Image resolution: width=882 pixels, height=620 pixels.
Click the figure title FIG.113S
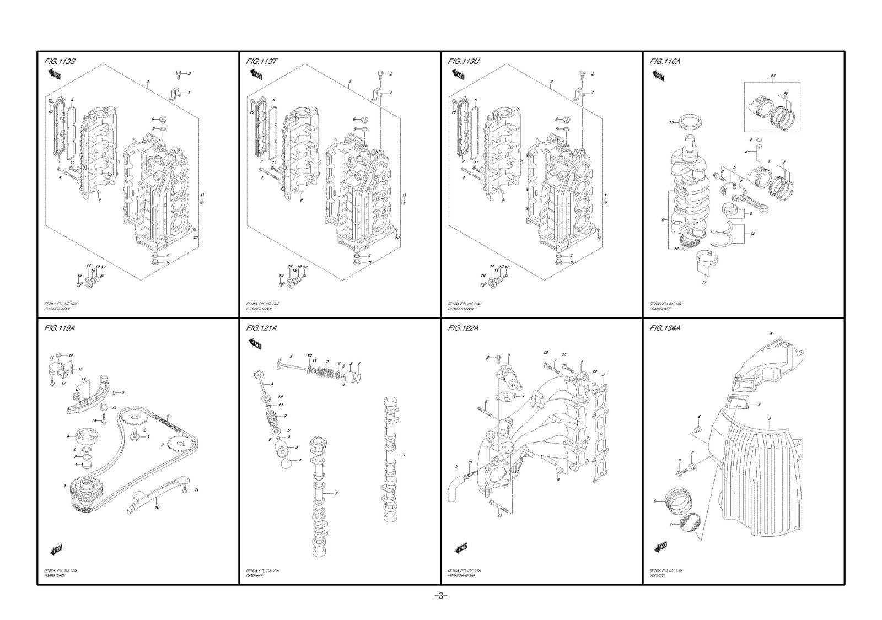[59, 61]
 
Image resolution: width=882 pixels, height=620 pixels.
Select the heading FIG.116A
[665, 61]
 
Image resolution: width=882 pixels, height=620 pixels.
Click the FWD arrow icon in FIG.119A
[57, 548]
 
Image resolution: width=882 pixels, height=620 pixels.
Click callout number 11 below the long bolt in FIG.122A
[499, 516]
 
